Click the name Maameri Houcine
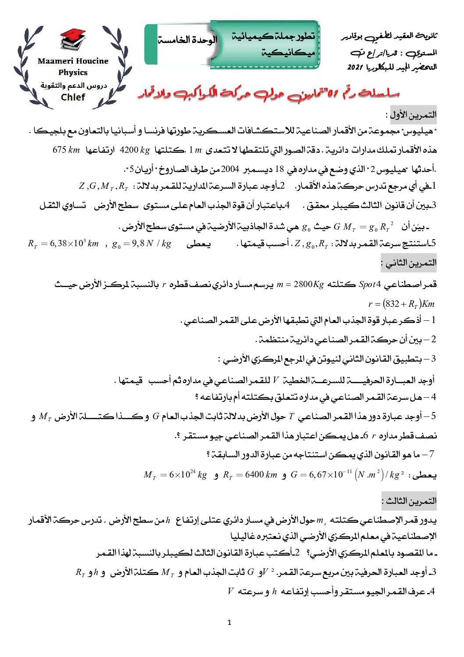[73, 61]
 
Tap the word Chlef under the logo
[73, 97]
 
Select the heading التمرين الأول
[413, 115]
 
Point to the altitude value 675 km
[66, 150]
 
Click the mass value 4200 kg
[135, 150]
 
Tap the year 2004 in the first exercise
[230, 169]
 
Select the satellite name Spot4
[370, 284]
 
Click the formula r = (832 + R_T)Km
[401, 304]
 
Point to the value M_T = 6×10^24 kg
[175, 475]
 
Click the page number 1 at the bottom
[229, 622]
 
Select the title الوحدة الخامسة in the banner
[188, 40]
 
